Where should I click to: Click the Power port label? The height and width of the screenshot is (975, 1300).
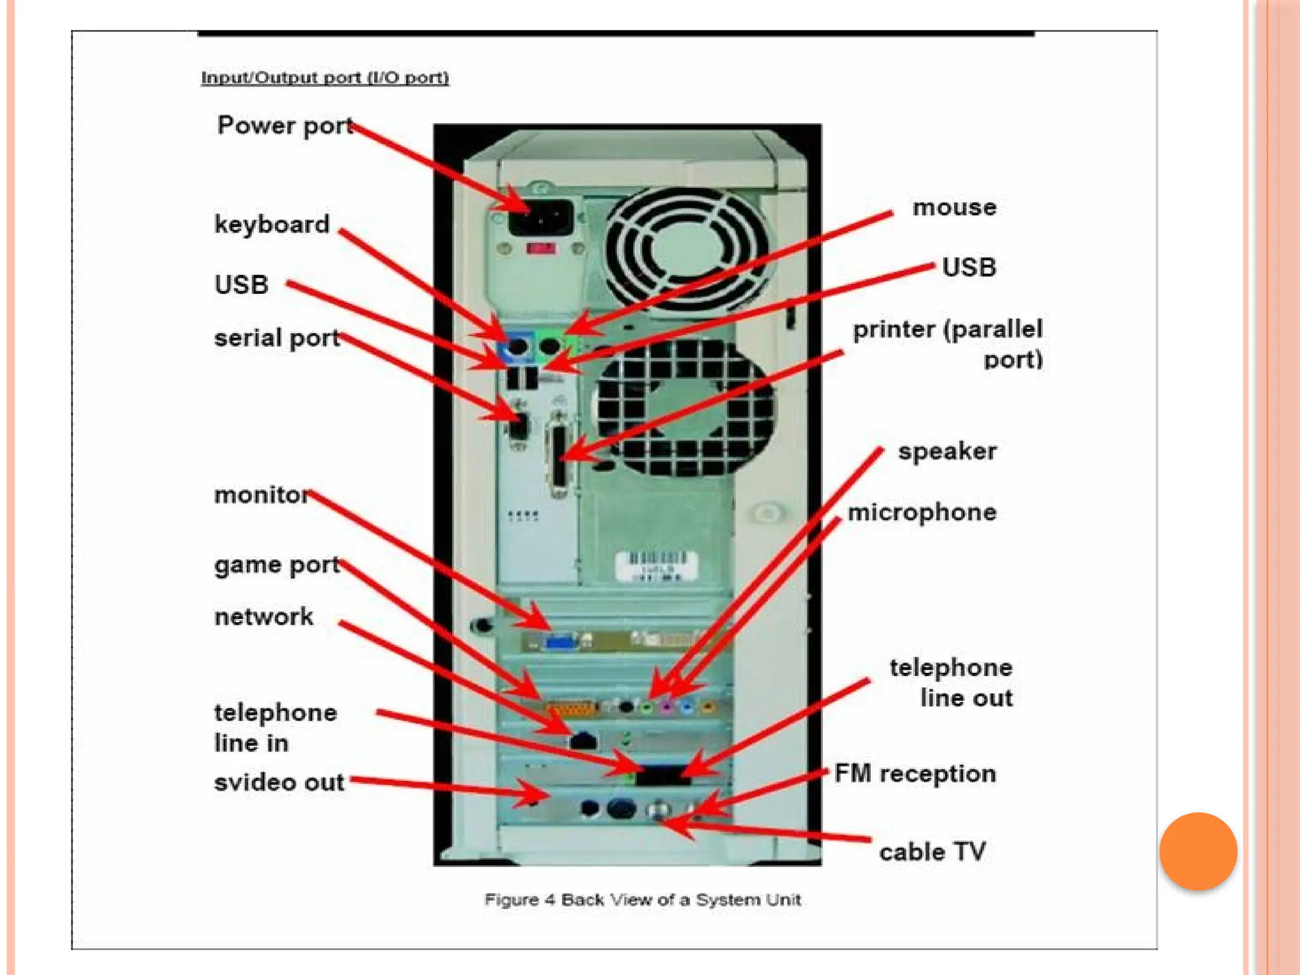pyautogui.click(x=285, y=126)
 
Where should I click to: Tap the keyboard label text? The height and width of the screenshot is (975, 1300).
pyautogui.click(x=272, y=225)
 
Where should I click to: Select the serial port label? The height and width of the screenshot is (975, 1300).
pyautogui.click(x=277, y=338)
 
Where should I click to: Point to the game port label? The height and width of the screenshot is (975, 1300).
pyautogui.click(x=277, y=565)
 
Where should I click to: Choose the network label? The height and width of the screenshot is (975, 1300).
pyautogui.click(x=263, y=616)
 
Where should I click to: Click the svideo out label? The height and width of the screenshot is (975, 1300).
pyautogui.click(x=279, y=782)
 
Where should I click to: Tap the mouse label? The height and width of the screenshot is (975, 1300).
pyautogui.click(x=954, y=208)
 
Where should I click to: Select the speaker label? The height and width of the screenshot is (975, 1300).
pyautogui.click(x=947, y=451)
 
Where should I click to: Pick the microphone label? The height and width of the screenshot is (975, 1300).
pyautogui.click(x=922, y=512)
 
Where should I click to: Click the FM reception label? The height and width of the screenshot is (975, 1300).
pyautogui.click(x=915, y=774)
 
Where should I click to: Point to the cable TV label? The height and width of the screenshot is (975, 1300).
pyautogui.click(x=932, y=852)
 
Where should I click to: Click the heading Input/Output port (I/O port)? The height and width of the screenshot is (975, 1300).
pyautogui.click(x=325, y=78)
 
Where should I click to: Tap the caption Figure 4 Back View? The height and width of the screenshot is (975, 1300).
pyautogui.click(x=642, y=899)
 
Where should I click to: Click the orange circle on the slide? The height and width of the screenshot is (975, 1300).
pyautogui.click(x=1198, y=851)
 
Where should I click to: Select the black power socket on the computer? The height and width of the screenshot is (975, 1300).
pyautogui.click(x=541, y=218)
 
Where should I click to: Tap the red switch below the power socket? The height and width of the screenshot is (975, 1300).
pyautogui.click(x=541, y=248)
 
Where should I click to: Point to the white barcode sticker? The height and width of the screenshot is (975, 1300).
pyautogui.click(x=656, y=565)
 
